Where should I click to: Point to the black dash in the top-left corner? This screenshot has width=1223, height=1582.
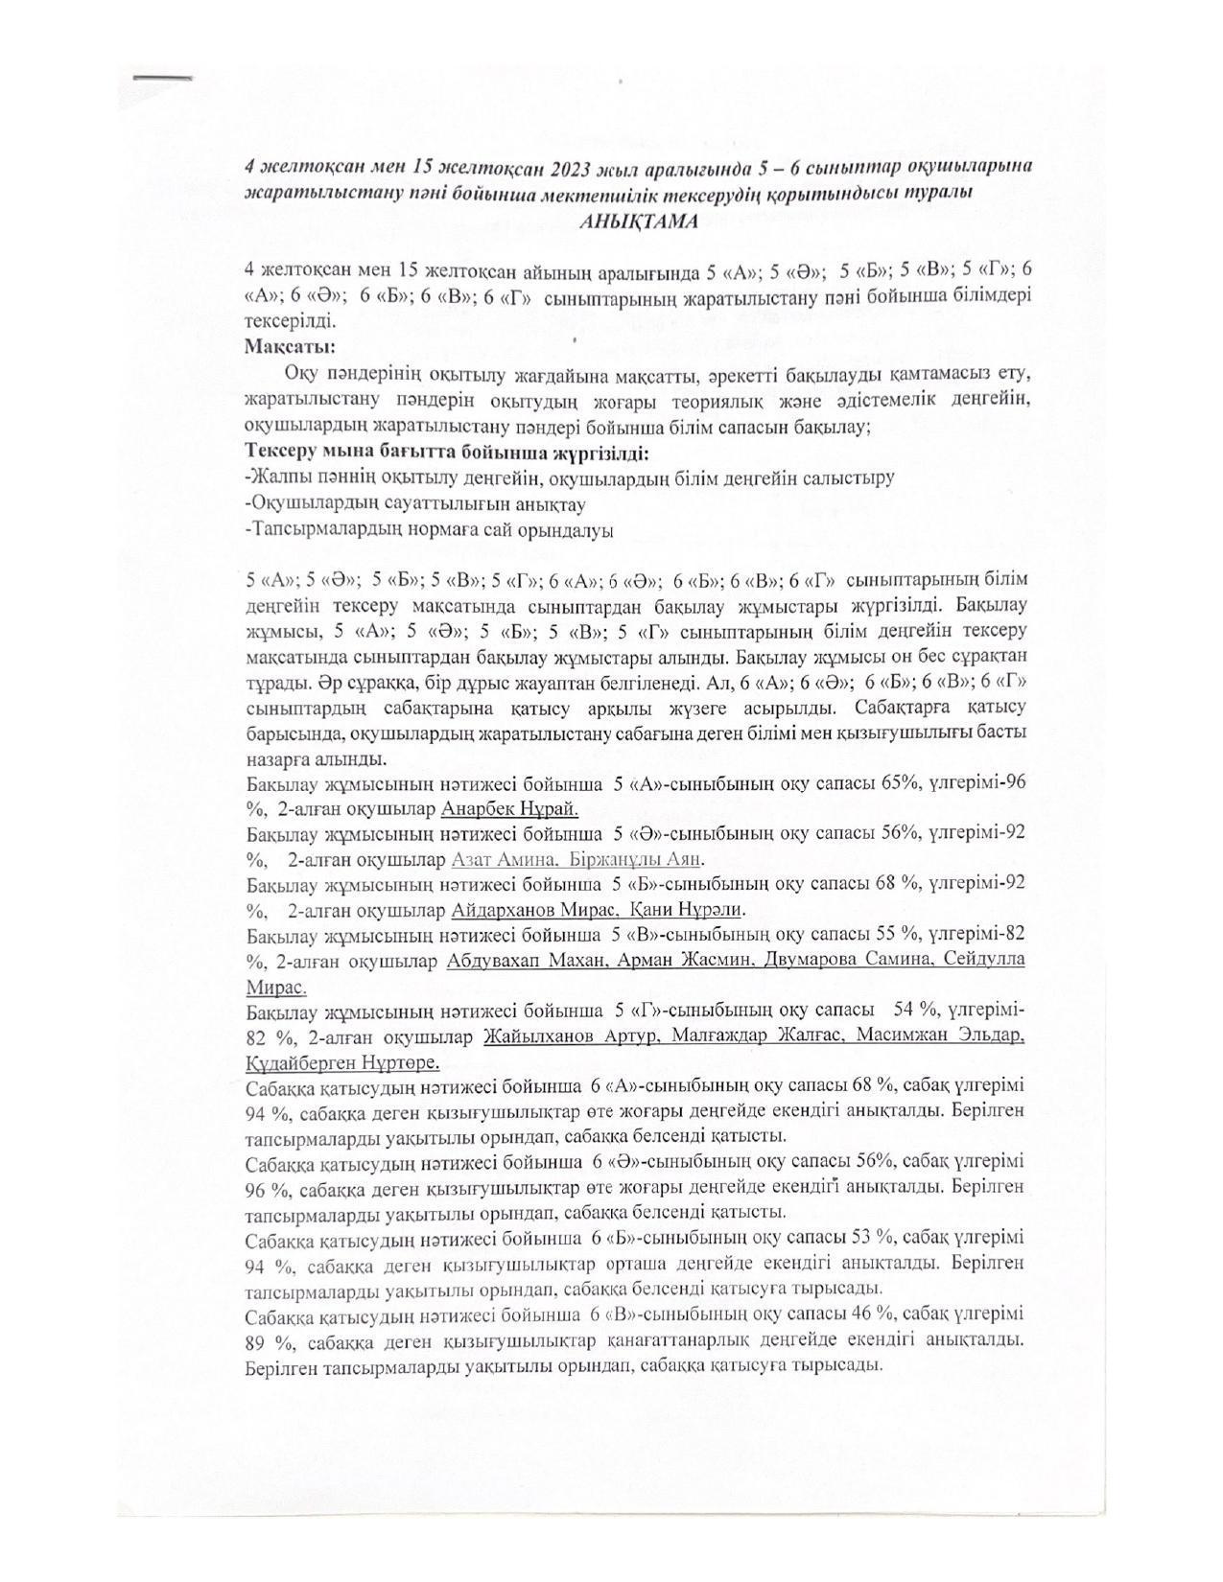pyautogui.click(x=162, y=77)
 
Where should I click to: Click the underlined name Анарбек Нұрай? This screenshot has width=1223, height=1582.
pyautogui.click(x=508, y=808)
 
